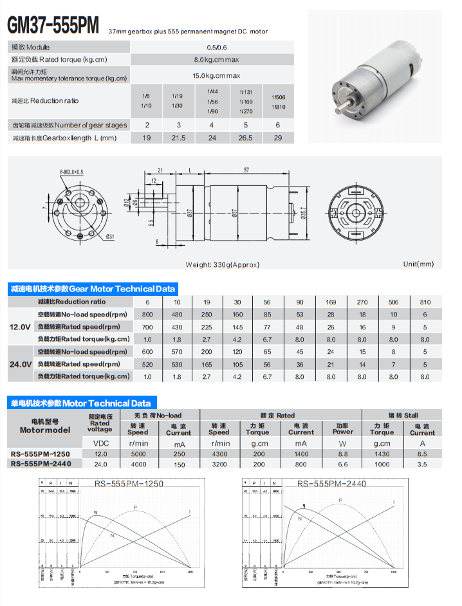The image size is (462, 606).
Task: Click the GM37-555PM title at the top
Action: [53, 25]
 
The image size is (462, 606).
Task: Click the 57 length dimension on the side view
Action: [246, 170]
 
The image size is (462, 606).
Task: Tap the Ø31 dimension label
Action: [110, 236]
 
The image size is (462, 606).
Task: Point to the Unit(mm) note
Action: [418, 264]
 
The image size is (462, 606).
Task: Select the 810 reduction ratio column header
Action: [425, 302]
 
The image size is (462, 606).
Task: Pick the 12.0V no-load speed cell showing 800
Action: [147, 315]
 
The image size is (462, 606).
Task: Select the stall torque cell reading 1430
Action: [382, 454]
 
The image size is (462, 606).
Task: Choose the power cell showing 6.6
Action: [342, 464]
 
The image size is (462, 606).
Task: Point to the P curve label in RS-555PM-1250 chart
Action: [135, 508]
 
